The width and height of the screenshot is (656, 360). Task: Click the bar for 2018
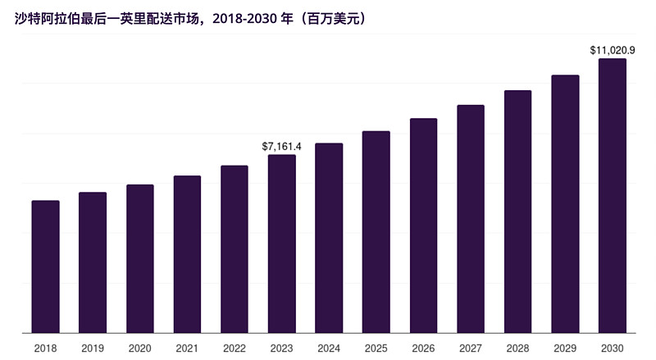[45, 267]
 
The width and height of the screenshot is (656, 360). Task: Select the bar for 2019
[93, 262]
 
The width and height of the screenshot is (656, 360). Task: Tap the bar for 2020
[140, 259]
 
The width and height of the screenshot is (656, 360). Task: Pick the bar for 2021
[187, 254]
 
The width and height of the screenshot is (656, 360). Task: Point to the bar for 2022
[235, 249]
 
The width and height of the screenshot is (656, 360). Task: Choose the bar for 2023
[282, 244]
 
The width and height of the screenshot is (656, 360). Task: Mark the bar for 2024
[329, 238]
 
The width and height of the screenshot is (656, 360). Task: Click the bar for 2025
[376, 232]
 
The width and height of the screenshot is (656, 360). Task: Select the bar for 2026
[424, 226]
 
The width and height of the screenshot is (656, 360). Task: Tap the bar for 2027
[471, 219]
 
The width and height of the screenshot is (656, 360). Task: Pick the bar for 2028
[517, 212]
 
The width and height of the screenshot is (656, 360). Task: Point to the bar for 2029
[565, 204]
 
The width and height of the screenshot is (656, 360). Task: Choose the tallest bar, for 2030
[613, 196]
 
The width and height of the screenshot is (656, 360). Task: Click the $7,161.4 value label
[282, 146]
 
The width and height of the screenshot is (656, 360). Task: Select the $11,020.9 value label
[613, 50]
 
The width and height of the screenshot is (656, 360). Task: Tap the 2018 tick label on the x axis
[45, 348]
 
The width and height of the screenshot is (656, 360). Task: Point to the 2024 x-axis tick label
[329, 348]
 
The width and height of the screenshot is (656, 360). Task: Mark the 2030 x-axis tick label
[613, 348]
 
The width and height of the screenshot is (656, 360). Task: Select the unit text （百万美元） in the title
[326, 17]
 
